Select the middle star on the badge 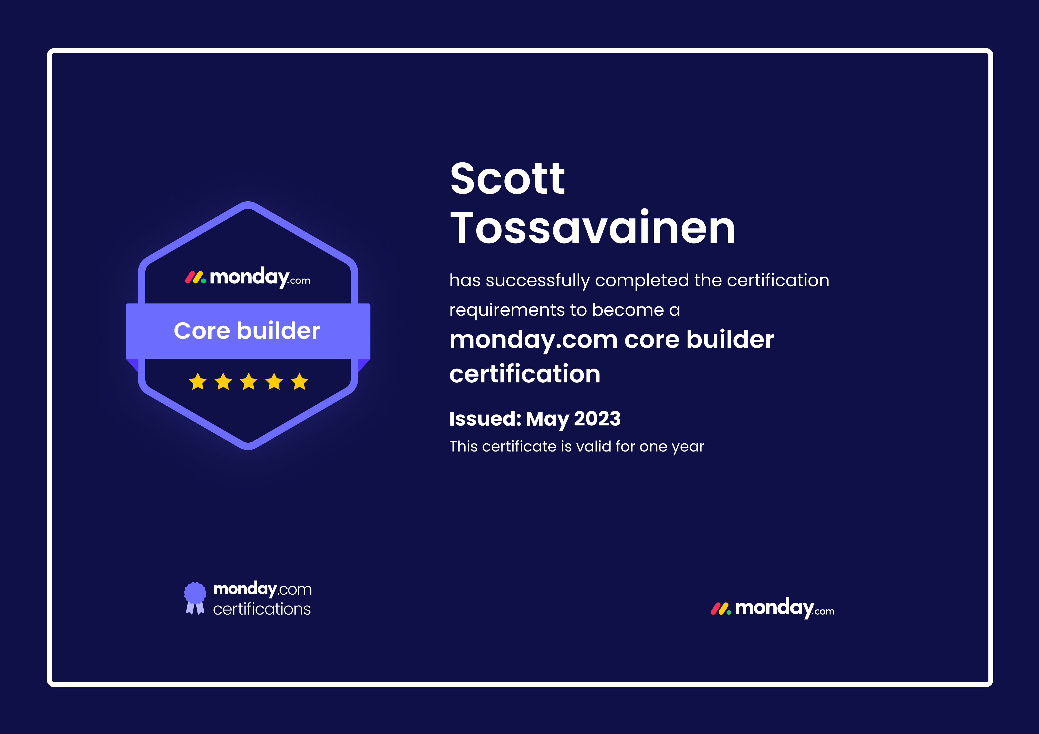pyautogui.click(x=249, y=381)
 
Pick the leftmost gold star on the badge pyautogui.click(x=198, y=381)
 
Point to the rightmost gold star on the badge pyautogui.click(x=300, y=381)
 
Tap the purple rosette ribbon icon pyautogui.click(x=195, y=598)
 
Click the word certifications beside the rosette pyautogui.click(x=262, y=609)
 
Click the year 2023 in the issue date pyautogui.click(x=597, y=419)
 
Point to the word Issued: pyautogui.click(x=485, y=419)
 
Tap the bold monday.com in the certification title pyautogui.click(x=534, y=340)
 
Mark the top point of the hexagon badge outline pyautogui.click(x=248, y=202)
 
